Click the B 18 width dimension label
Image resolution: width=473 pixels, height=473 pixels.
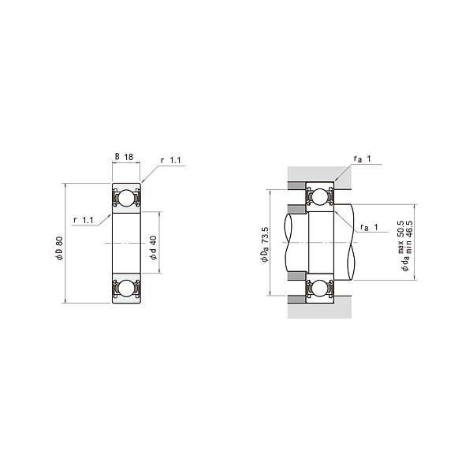point(125,158)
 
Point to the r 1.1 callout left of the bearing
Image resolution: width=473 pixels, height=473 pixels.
point(84,219)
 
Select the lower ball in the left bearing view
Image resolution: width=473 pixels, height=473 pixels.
point(126,289)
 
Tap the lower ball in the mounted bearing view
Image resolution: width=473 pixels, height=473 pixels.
point(320,289)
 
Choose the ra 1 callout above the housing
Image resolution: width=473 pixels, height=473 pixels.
point(363,160)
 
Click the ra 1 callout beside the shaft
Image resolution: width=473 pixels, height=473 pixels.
point(370,228)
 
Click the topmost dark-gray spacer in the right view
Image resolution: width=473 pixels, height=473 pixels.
point(296,187)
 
